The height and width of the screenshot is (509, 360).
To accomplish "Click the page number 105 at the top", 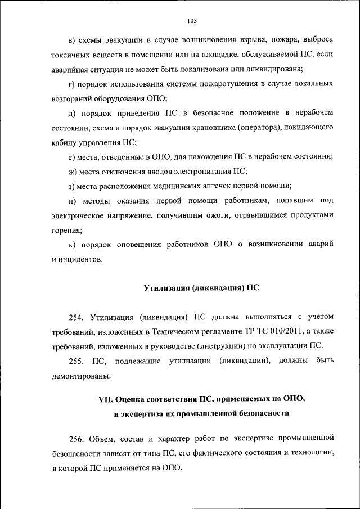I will pos(191,21).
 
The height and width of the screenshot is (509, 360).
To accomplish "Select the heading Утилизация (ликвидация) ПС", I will pos(201,288).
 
